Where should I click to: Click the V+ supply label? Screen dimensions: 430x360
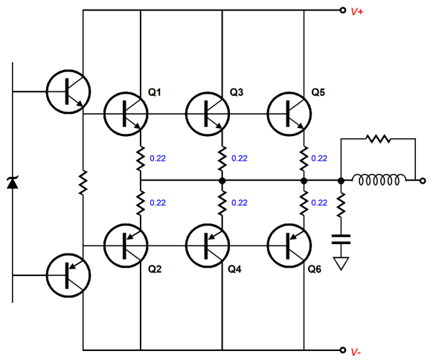357,11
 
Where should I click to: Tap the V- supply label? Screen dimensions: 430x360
356,352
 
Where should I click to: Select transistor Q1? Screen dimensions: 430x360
126,114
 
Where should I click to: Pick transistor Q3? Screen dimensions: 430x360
208,114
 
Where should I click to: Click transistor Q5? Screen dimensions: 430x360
289,114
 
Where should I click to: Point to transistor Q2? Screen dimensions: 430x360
126,245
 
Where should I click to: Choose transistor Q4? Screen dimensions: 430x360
208,245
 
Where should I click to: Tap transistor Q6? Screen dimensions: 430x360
289,245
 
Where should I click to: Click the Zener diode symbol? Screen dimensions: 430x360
13,183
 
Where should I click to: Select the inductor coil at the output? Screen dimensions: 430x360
379,179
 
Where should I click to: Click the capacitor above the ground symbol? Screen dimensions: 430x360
341,239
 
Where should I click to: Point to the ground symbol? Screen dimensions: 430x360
341,263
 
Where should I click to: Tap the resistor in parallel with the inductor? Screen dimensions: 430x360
379,139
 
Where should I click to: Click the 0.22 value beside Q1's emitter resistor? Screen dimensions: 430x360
158,158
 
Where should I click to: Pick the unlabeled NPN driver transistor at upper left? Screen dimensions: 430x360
68,91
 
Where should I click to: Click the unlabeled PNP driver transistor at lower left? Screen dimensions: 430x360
68,275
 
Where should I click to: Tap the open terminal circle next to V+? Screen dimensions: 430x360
342,10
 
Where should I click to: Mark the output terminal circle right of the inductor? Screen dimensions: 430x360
423,181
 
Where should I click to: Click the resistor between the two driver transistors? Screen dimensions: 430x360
83,182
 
